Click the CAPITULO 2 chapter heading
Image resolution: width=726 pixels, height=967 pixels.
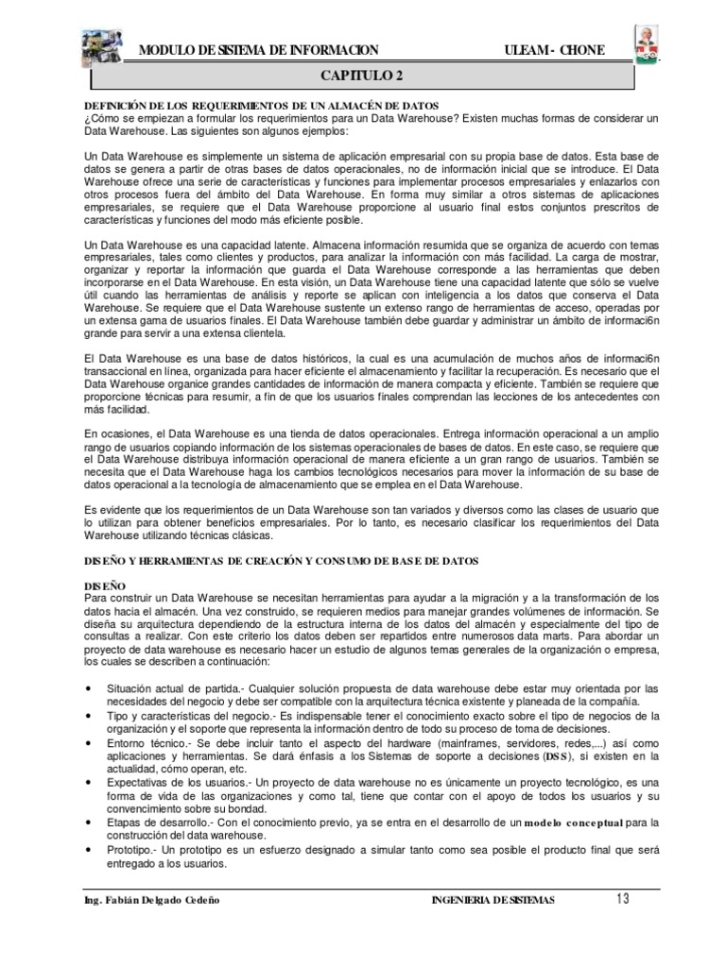(x=363, y=74)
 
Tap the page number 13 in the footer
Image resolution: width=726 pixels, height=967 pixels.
(x=619, y=898)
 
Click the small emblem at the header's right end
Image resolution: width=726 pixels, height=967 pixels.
(x=648, y=42)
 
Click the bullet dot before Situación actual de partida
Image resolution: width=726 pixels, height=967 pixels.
(x=88, y=688)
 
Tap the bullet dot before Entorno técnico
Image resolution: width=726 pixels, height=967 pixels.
(x=88, y=745)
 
